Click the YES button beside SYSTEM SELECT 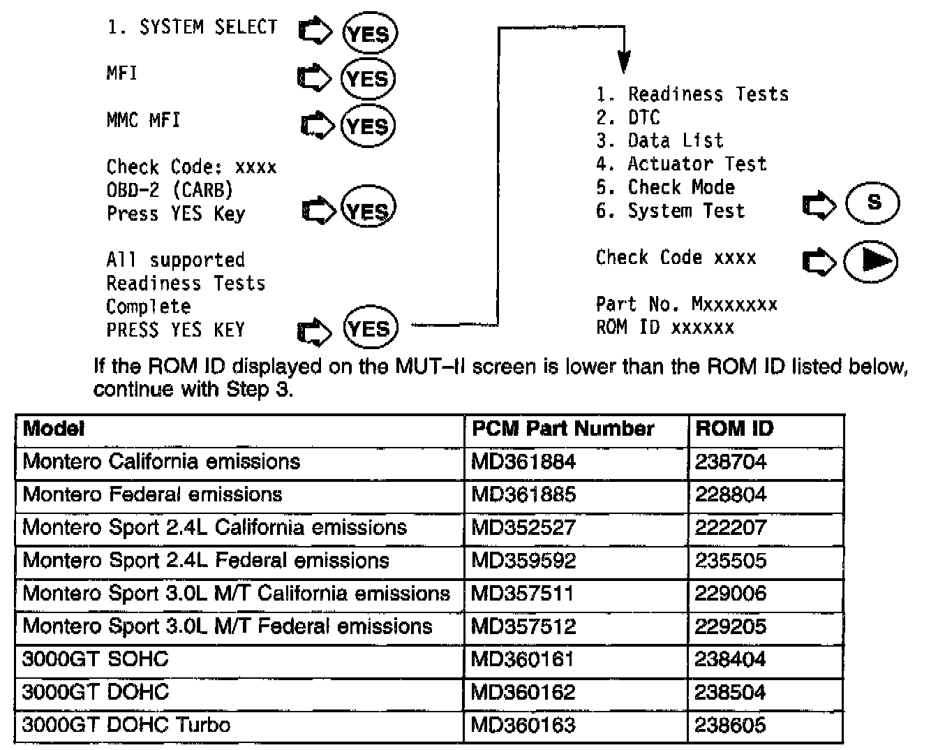click(x=369, y=34)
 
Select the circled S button click(x=872, y=203)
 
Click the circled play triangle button click(x=871, y=261)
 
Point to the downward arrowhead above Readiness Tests click(x=625, y=64)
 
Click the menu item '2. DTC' click(x=628, y=117)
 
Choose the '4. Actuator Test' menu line click(x=681, y=164)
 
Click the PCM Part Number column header click(x=563, y=428)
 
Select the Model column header click(x=54, y=428)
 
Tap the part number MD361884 click(x=523, y=462)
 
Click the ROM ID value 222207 click(x=731, y=527)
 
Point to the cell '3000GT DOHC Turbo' click(x=126, y=724)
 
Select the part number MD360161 click(x=523, y=659)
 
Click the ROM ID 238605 click(x=731, y=725)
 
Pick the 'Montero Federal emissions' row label click(x=153, y=494)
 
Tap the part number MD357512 click(x=523, y=626)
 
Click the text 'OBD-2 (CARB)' click(x=170, y=190)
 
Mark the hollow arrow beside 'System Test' click(x=819, y=205)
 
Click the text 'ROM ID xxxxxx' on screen click(x=664, y=328)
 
